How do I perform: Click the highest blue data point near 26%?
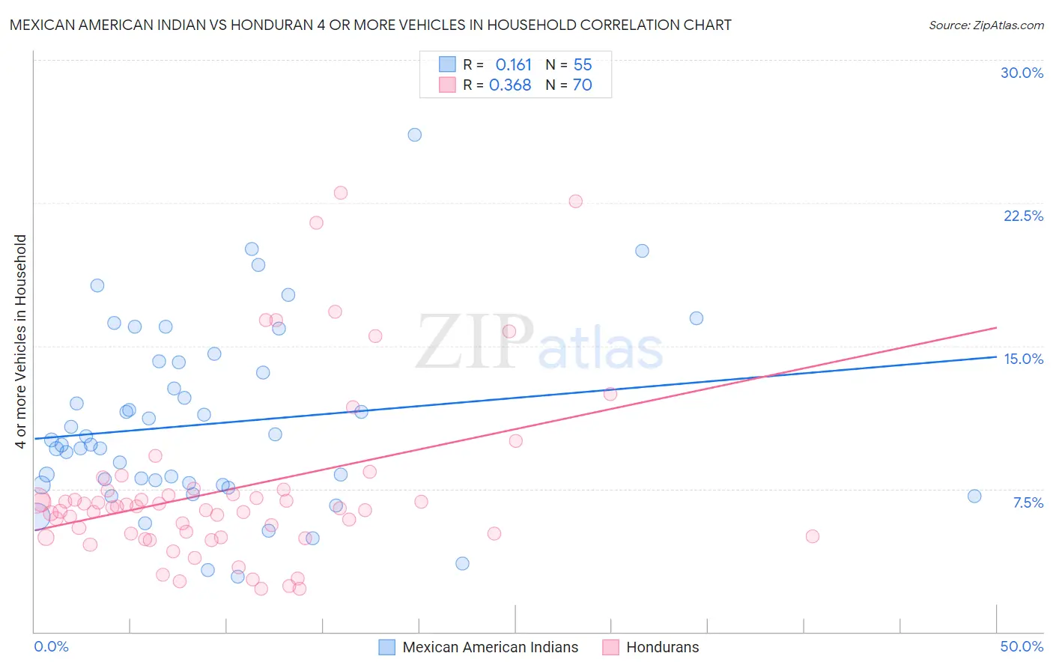click(414, 135)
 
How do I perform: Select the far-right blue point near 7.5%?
click(974, 496)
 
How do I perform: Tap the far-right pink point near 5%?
click(813, 536)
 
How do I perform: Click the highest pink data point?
click(341, 192)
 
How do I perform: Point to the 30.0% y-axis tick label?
click(1022, 73)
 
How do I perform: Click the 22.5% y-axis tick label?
click(1023, 216)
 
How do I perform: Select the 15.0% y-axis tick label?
click(1023, 359)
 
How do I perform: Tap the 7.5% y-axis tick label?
click(1028, 502)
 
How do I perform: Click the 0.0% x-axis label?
click(51, 646)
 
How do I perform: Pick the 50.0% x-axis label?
click(1022, 646)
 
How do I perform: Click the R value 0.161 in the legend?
click(513, 65)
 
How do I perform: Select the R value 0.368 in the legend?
click(510, 85)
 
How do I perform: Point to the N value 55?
click(583, 65)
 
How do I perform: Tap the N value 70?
click(583, 85)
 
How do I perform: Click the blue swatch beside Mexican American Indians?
click(386, 647)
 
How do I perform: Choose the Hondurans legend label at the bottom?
click(662, 647)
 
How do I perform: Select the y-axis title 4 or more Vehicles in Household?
click(21, 341)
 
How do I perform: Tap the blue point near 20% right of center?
click(642, 251)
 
